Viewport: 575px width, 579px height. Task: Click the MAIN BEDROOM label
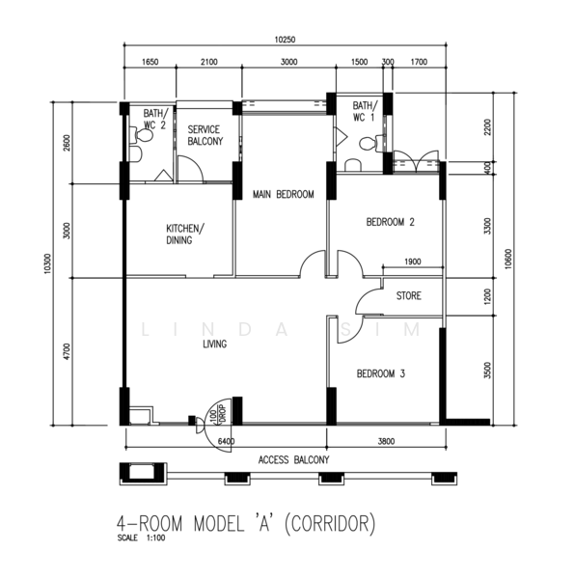(283, 194)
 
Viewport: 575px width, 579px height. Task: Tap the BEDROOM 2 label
(390, 222)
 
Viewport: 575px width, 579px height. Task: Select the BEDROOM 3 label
(380, 373)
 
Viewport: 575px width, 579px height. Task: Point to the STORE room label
(408, 296)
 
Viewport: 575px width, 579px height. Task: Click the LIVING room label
(215, 345)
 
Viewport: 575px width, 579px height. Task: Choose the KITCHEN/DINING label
(184, 234)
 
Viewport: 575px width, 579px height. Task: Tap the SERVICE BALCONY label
(205, 135)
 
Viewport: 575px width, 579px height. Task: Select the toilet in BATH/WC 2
(141, 135)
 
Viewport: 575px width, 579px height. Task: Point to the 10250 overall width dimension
(285, 40)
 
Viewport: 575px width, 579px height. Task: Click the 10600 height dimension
(508, 260)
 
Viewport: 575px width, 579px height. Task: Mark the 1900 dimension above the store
(413, 262)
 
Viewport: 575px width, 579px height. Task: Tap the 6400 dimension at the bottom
(226, 441)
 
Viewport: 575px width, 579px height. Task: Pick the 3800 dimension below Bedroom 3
(386, 441)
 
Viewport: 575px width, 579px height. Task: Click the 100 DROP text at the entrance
(217, 414)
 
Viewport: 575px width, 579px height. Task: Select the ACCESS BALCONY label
(293, 460)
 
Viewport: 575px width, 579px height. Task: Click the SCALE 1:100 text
(141, 538)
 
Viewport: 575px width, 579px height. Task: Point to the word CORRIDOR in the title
(330, 523)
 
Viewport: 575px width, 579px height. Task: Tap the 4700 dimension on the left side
(67, 351)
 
